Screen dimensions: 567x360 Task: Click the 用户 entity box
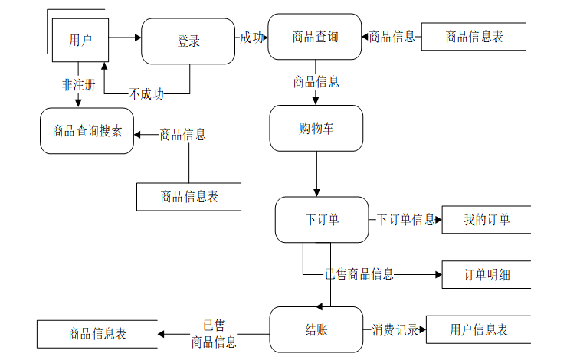pyautogui.click(x=80, y=40)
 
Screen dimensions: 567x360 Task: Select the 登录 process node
pyautogui.click(x=188, y=41)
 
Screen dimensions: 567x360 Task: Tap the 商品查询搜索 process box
pyautogui.click(x=87, y=131)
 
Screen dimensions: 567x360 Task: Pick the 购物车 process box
pyautogui.click(x=316, y=129)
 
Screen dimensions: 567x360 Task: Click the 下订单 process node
pyautogui.click(x=322, y=219)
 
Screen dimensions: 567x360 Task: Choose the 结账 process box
pyautogui.click(x=316, y=329)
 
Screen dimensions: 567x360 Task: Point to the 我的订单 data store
pyautogui.click(x=487, y=219)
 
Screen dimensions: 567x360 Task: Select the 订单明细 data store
pyautogui.click(x=487, y=275)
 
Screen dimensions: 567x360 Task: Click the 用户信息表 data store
pyautogui.click(x=478, y=329)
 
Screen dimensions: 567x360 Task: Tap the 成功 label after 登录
pyautogui.click(x=251, y=38)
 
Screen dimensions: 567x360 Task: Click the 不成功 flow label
pyautogui.click(x=146, y=94)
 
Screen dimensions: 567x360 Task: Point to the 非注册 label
pyautogui.click(x=78, y=85)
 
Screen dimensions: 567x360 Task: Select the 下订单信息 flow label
pyautogui.click(x=406, y=219)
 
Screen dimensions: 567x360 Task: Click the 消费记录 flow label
pyautogui.click(x=395, y=329)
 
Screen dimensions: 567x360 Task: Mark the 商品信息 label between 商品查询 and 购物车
pyautogui.click(x=316, y=82)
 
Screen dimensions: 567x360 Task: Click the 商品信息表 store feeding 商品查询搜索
pyautogui.click(x=188, y=197)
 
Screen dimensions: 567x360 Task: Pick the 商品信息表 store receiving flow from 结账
pyautogui.click(x=97, y=334)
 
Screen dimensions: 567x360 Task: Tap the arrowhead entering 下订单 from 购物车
pyautogui.click(x=316, y=193)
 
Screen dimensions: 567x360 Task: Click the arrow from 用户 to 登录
pyautogui.click(x=125, y=38)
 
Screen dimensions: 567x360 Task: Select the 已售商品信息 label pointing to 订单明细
pyautogui.click(x=359, y=274)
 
